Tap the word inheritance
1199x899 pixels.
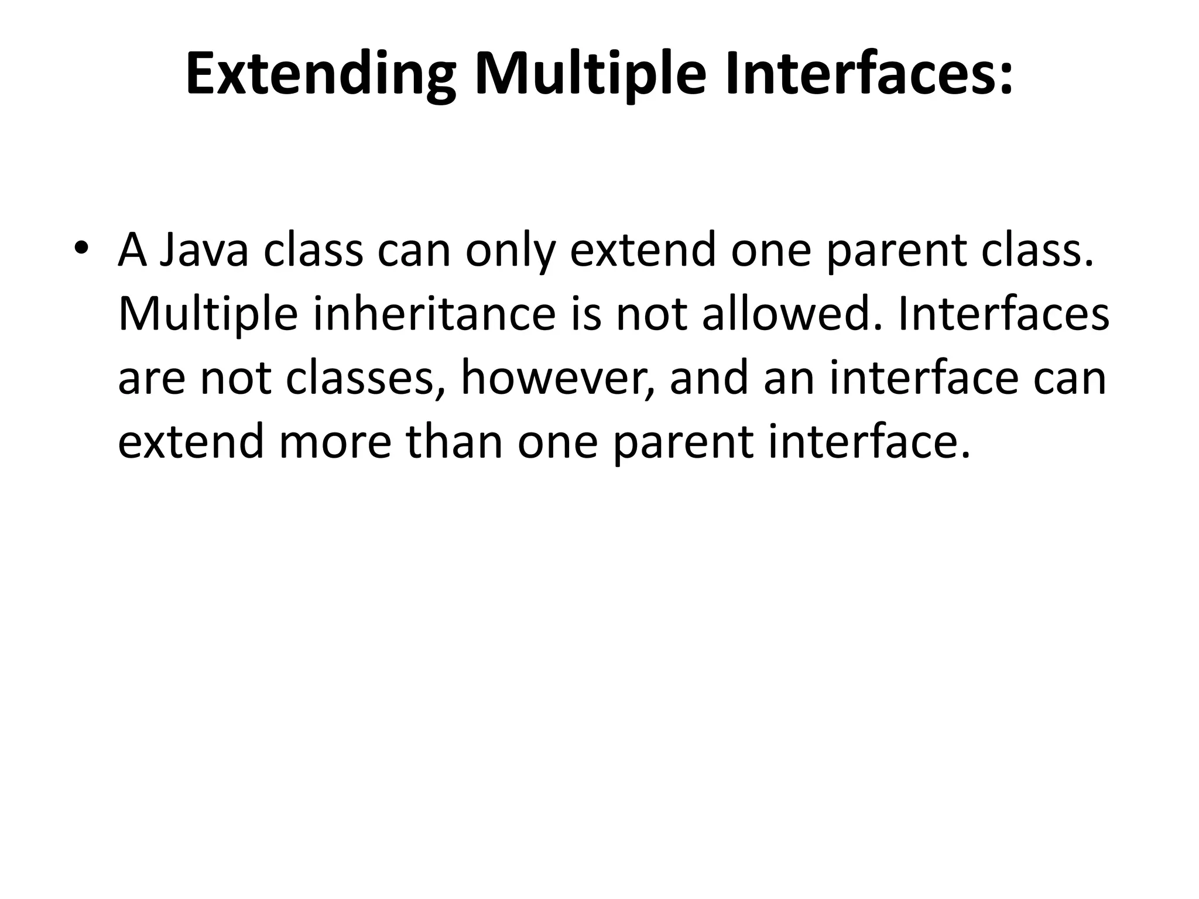[x=434, y=314]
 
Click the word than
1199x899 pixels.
[x=454, y=442]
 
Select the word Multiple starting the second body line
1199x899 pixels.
[x=208, y=314]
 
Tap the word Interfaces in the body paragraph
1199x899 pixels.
[x=1002, y=314]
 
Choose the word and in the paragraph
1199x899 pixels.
[x=708, y=378]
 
